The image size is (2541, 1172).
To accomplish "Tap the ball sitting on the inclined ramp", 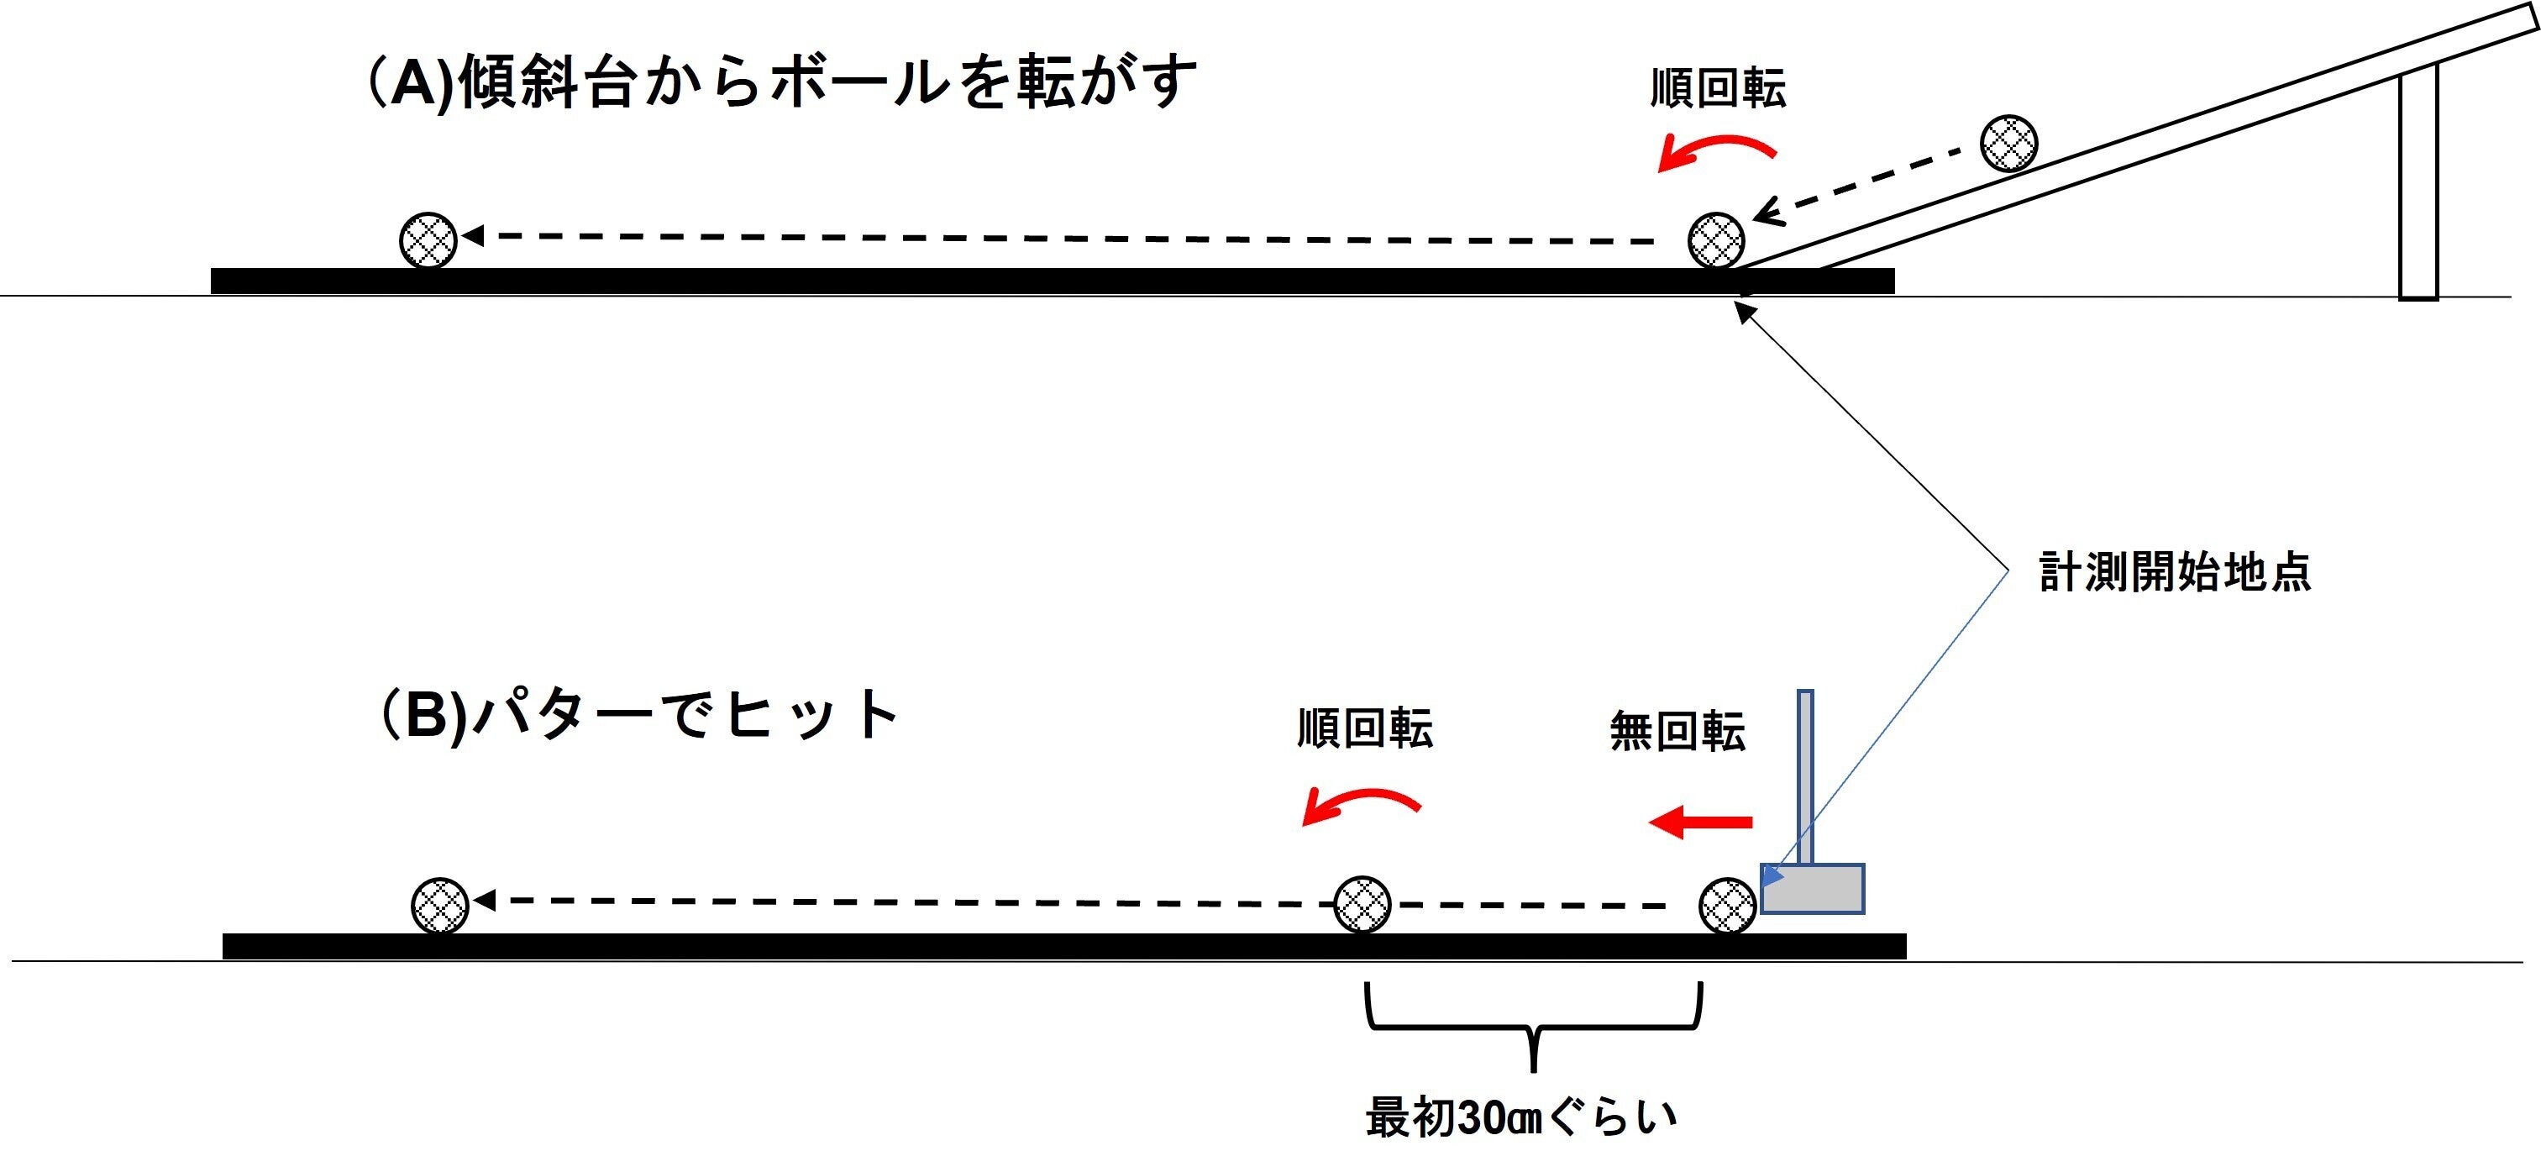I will click(x=2009, y=143).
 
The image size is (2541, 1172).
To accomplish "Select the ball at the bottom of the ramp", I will click(x=1715, y=239).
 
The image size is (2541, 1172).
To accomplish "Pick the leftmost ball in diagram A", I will click(x=428, y=239).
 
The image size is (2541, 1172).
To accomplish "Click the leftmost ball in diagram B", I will click(x=439, y=905).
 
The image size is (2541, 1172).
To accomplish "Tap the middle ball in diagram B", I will click(x=1362, y=904).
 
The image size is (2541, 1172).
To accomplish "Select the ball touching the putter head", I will click(x=1727, y=906).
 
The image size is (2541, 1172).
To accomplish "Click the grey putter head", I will click(x=1813, y=888).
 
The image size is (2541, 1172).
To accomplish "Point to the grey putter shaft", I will click(x=1805, y=775).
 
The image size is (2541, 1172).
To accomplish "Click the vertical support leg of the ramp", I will click(x=2418, y=182).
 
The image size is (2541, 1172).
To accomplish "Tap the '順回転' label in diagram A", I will click(x=1717, y=89).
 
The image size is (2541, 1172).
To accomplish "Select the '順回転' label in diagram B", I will click(x=1364, y=729).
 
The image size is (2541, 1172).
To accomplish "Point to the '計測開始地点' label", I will click(x=2174, y=573).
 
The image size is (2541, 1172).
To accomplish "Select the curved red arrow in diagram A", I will click(x=1716, y=151).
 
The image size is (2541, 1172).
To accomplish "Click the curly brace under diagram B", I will click(x=1533, y=1026).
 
